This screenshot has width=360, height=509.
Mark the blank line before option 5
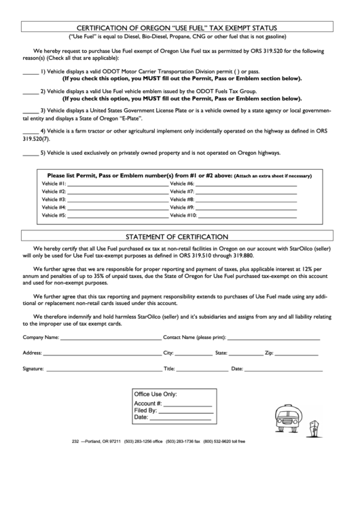coord(31,154)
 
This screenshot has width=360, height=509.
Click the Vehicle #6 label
coord(181,184)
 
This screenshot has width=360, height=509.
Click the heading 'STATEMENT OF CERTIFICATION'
coord(180,236)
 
